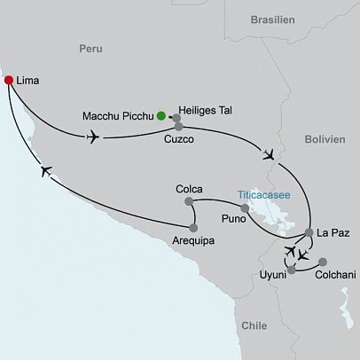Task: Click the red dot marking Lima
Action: [x=9, y=81]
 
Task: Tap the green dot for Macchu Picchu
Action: [x=160, y=114]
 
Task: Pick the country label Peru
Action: [x=91, y=50]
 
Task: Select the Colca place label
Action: [x=191, y=188]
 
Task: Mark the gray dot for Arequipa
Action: [x=192, y=228]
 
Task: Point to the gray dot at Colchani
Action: [x=322, y=262]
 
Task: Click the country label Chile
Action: [x=254, y=325]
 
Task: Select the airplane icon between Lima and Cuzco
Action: [x=92, y=137]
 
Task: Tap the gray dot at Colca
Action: [x=191, y=202]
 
